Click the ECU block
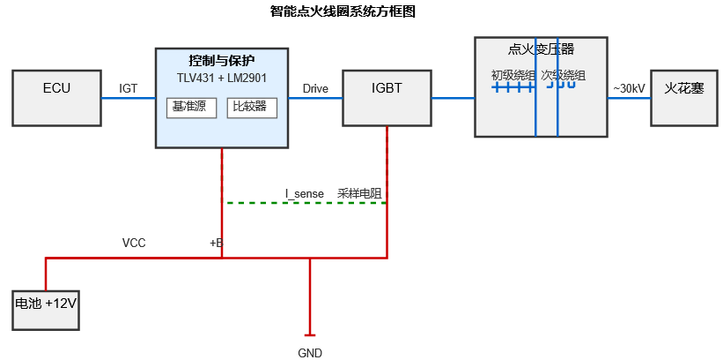[x=56, y=98]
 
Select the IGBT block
[x=387, y=98]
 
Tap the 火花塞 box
[x=683, y=98]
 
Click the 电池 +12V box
[x=46, y=310]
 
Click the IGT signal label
[x=129, y=88]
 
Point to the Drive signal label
[x=315, y=88]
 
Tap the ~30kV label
[x=629, y=88]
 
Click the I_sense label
[x=304, y=192]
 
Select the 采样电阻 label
[x=358, y=192]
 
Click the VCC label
[x=134, y=243]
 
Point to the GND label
[x=310, y=353]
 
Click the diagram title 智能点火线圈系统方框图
[x=343, y=11]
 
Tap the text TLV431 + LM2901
[x=222, y=78]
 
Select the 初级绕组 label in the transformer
[x=513, y=76]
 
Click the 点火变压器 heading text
[x=541, y=49]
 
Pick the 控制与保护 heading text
[x=222, y=61]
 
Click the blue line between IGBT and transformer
[x=453, y=98]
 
